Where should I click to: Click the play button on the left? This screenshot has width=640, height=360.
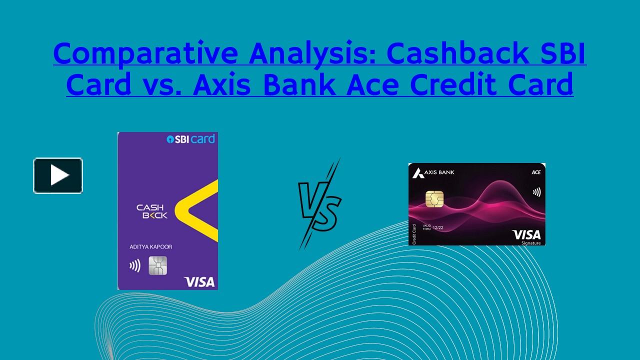58,175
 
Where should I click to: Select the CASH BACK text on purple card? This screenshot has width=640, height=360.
152,211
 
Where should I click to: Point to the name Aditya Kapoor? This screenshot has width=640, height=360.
150,247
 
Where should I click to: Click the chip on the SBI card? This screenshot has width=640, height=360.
157,265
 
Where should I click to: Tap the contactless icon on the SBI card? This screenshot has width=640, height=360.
135,265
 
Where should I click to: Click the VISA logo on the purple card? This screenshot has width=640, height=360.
199,281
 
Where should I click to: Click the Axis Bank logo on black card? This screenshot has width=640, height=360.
433,173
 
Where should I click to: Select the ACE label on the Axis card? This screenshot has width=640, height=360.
535,172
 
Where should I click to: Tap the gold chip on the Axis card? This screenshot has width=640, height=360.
434,198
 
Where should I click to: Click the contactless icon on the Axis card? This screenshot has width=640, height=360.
536,192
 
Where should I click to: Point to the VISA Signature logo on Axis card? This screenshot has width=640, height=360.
526,236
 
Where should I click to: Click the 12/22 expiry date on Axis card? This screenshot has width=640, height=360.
438,227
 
